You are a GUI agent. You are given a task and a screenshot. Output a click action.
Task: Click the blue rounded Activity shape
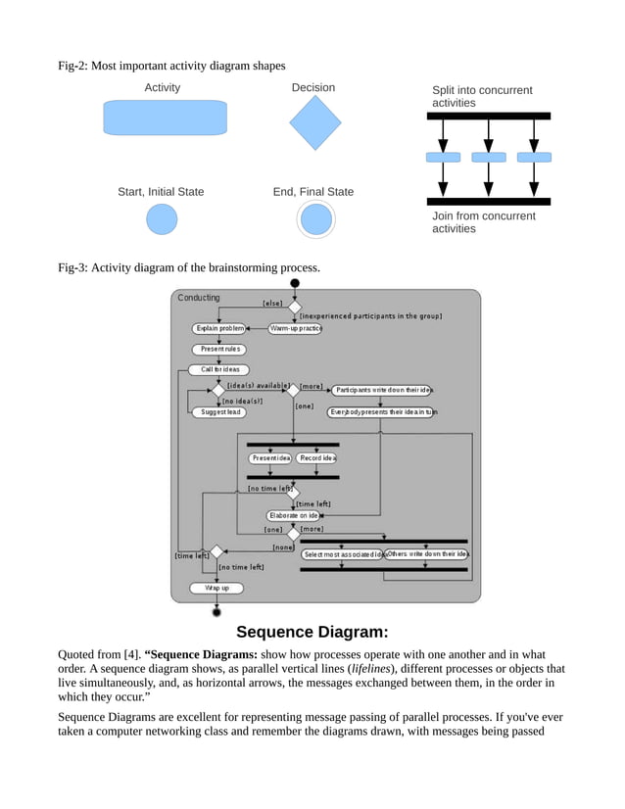point(165,118)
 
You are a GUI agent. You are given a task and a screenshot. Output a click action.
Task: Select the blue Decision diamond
point(315,122)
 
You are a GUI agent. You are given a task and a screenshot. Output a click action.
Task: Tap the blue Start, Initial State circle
point(162,219)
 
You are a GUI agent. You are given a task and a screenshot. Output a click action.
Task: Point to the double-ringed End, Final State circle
point(315,219)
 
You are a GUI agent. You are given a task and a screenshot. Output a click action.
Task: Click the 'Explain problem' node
point(219,328)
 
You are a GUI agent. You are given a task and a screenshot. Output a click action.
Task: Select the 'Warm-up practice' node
point(295,328)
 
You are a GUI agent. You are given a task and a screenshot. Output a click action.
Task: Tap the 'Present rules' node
point(218,349)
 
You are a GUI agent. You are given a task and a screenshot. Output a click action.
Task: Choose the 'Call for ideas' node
point(218,369)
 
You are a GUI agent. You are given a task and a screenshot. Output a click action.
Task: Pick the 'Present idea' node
point(270,457)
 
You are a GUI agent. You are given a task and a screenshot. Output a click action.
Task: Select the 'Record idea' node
point(317,457)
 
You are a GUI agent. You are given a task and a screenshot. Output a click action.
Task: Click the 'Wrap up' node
point(216,588)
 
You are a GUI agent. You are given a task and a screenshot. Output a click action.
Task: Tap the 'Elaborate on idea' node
point(294,515)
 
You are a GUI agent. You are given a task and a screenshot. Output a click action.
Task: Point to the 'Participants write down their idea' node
point(382,390)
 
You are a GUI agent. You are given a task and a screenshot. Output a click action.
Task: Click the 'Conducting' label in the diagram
point(199,298)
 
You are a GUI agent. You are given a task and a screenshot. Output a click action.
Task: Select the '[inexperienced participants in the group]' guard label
point(370,316)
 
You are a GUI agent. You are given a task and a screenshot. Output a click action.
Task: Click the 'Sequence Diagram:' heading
point(312,632)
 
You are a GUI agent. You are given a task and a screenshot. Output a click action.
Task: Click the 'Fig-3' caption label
point(72,267)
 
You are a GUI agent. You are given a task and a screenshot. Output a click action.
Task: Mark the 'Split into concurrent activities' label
point(482,96)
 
